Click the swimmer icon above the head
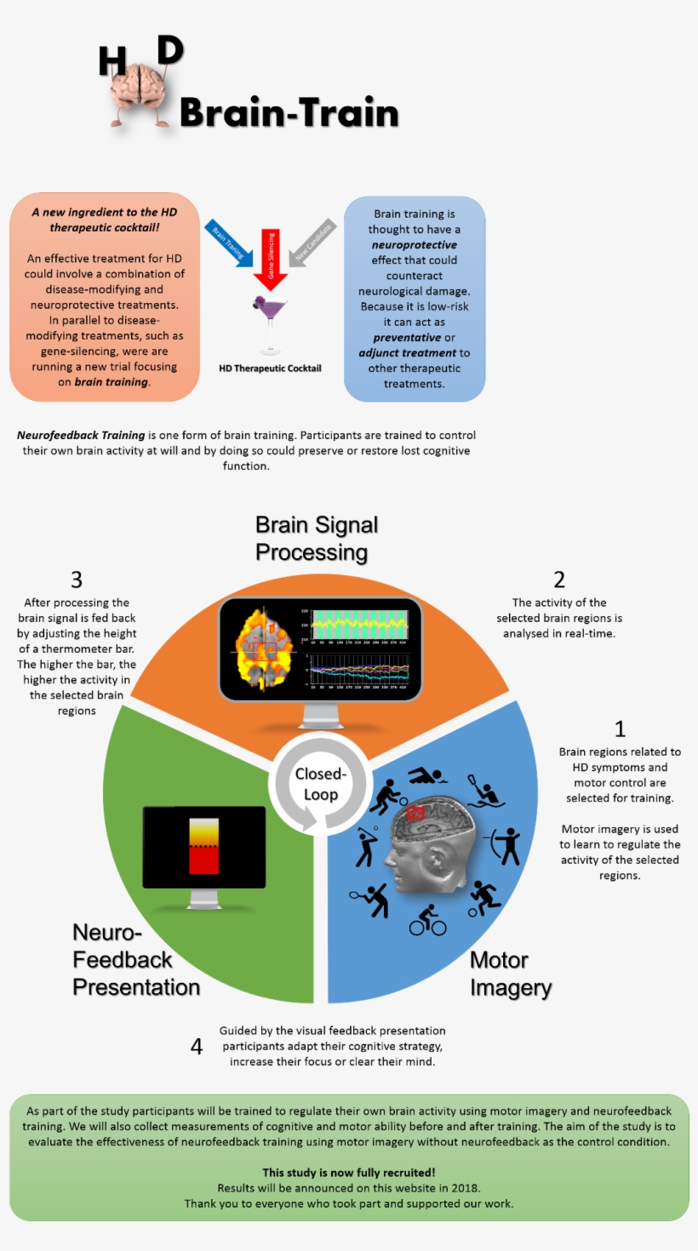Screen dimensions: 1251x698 coord(427,775)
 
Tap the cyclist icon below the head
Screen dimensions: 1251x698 coord(427,920)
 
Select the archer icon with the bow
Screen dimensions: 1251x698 coord(507,845)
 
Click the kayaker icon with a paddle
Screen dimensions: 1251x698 coord(486,791)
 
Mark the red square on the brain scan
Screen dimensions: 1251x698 coord(415,813)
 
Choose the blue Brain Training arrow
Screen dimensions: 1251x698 coord(230,242)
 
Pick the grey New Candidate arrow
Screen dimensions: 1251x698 coord(311,243)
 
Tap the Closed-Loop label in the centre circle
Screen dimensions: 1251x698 coord(320,784)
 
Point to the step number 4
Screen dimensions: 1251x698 coord(197,1046)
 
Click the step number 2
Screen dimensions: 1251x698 coord(558,580)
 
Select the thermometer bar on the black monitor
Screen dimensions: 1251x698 coord(204,845)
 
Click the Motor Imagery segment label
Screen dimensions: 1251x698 coord(510,974)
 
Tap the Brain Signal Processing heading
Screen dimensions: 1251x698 coord(316,538)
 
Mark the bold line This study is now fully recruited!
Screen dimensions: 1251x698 coord(349,1172)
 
